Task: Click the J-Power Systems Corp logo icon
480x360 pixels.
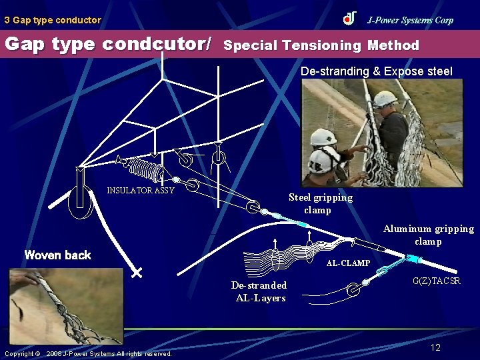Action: tap(350, 19)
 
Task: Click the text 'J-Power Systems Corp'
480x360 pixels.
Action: tap(410, 20)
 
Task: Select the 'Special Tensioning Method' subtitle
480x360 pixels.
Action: tap(322, 45)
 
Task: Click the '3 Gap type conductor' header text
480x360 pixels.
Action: tap(53, 20)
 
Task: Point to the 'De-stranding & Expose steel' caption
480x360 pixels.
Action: tap(376, 71)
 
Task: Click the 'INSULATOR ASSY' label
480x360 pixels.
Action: tap(141, 191)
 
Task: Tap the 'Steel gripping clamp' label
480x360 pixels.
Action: tap(320, 203)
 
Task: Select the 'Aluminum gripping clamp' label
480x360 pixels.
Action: tap(428, 235)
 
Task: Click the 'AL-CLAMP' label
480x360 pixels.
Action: tap(348, 263)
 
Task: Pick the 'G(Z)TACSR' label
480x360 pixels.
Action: tap(437, 281)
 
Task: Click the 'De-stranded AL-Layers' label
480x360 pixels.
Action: tap(259, 291)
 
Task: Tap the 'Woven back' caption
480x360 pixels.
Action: tap(57, 255)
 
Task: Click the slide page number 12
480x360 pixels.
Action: tap(435, 347)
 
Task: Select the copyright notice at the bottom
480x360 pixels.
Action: tap(88, 353)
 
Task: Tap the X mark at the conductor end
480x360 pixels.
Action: tap(137, 273)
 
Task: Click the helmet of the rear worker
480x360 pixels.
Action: tap(385, 99)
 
